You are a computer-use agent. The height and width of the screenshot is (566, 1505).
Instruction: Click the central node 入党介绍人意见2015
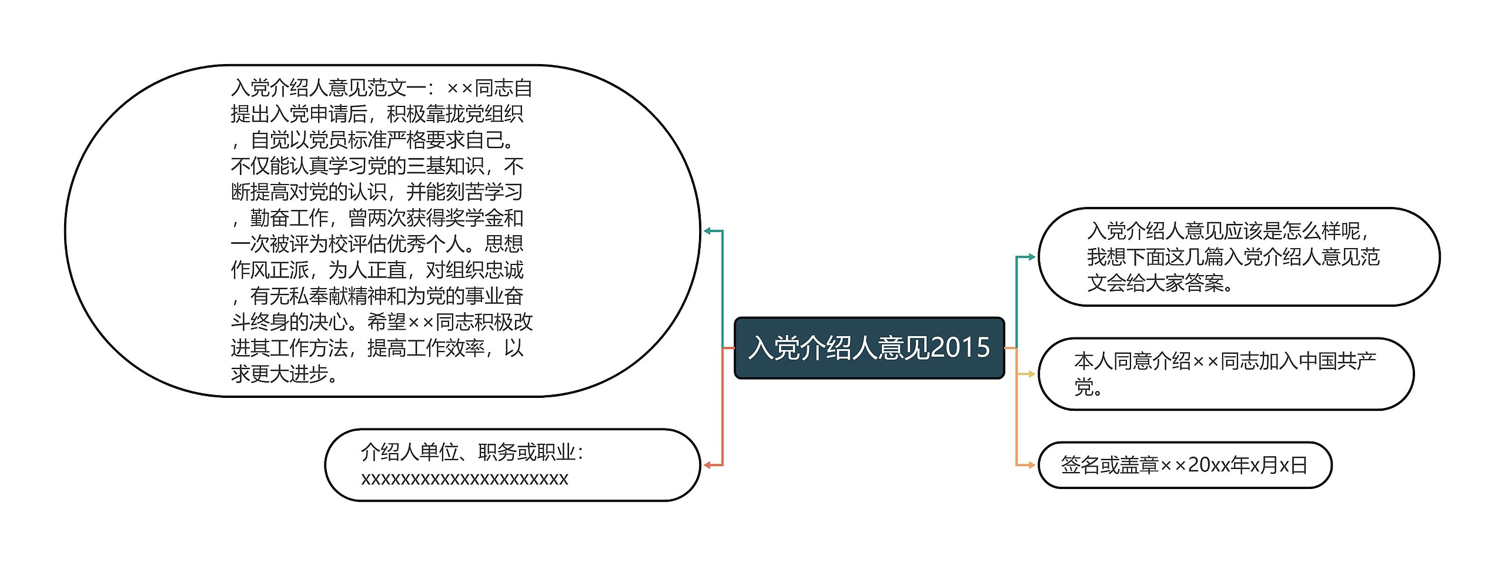click(x=869, y=348)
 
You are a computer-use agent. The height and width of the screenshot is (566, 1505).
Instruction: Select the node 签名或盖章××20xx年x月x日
click(x=1184, y=465)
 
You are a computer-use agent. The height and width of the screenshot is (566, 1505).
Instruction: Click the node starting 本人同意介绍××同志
click(x=1225, y=374)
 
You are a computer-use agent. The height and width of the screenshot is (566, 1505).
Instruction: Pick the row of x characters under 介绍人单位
click(x=464, y=478)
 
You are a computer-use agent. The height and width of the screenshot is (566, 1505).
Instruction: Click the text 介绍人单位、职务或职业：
click(x=473, y=452)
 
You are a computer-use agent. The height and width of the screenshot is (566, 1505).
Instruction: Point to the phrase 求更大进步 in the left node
click(x=280, y=374)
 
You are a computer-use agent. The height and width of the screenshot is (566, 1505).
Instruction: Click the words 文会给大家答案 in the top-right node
click(x=1155, y=283)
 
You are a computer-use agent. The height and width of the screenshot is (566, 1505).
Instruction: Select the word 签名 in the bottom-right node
click(x=1081, y=465)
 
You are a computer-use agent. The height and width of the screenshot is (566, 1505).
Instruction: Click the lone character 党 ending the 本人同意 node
click(x=1083, y=387)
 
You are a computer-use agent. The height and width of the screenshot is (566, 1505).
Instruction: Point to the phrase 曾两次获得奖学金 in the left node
click(x=426, y=218)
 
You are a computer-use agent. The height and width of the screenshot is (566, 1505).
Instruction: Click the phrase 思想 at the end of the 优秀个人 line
click(x=504, y=244)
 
